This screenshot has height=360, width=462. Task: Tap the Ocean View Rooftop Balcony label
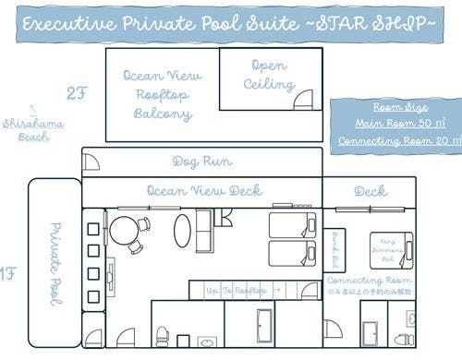[x=158, y=95]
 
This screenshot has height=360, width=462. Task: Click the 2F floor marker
[x=76, y=92]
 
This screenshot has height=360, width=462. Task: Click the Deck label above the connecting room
[x=370, y=191]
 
